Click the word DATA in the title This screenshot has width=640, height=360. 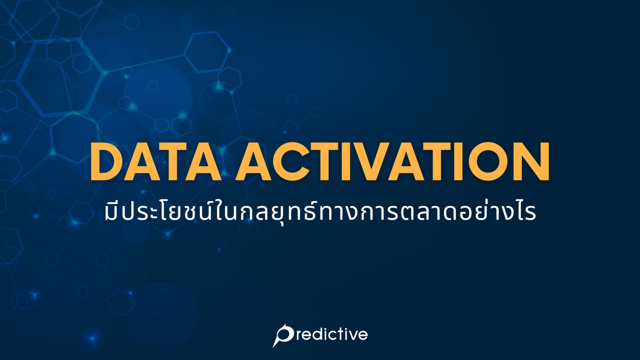(155, 162)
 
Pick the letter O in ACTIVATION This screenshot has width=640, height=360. (487, 162)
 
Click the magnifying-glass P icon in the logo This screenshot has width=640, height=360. (283, 335)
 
